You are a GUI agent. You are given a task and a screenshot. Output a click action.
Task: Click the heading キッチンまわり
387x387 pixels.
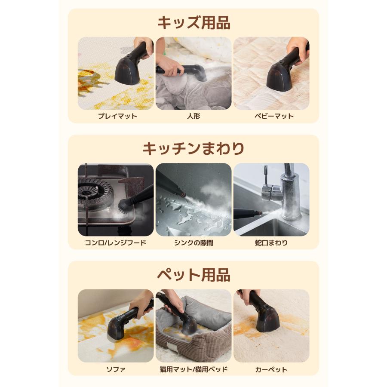[x=193, y=148]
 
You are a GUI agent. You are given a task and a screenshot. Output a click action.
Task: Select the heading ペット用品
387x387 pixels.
[x=193, y=274]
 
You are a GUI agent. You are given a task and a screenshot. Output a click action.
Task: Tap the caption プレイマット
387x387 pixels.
[x=116, y=116]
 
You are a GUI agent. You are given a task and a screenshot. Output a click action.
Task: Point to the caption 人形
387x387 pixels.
[x=193, y=116]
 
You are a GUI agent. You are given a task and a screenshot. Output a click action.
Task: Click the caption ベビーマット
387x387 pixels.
[x=271, y=116]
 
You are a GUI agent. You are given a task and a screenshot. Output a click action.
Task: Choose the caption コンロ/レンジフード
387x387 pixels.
[x=116, y=243]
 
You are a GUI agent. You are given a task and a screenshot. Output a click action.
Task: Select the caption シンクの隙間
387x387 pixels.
[x=193, y=243]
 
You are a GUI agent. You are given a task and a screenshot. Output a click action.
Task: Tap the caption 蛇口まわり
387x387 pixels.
[x=271, y=243]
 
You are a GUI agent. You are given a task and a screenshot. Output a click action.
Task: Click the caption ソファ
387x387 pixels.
[x=116, y=369]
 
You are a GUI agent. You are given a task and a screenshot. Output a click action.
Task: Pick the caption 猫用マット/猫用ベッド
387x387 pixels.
[x=193, y=369]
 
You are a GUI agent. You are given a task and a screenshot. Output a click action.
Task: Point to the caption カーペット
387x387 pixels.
[x=271, y=369]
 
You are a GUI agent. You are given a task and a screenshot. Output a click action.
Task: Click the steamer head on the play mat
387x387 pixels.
[x=127, y=71]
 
